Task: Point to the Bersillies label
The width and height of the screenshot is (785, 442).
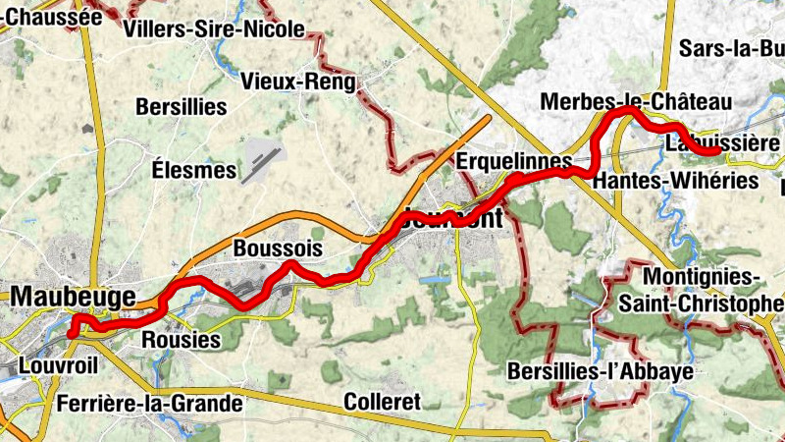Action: pos(182,106)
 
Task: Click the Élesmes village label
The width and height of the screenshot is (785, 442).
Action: pos(195,170)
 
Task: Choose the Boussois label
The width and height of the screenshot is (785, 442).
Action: pos(278,249)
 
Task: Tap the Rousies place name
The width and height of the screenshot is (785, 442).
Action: pos(182,339)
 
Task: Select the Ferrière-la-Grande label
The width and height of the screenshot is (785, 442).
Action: pos(149,403)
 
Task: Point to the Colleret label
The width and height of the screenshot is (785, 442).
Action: pos(382,402)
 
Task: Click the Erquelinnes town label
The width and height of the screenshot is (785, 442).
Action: pos(514,159)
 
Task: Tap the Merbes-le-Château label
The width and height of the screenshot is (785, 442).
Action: pos(636,102)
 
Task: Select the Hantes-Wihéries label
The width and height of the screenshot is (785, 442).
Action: pos(676,181)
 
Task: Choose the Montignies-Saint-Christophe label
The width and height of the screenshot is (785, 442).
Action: pos(701,291)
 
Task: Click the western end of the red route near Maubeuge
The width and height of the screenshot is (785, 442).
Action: pos(71,334)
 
